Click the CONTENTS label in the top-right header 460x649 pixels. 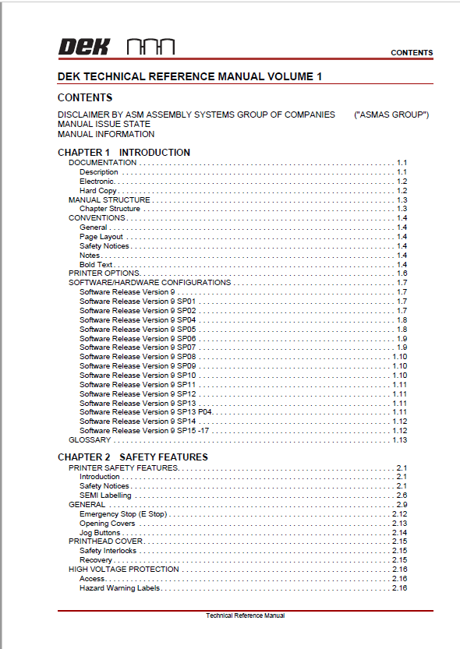411,53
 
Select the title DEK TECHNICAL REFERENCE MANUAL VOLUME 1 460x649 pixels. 189,76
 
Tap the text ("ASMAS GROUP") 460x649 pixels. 391,115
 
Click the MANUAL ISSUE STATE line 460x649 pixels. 104,124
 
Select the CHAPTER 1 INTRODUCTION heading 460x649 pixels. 124,152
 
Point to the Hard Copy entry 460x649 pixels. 98,191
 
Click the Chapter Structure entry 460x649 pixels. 110,209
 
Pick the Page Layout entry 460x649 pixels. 101,237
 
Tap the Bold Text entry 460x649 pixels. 96,265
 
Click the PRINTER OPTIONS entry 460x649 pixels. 104,273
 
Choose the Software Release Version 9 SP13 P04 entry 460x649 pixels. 146,412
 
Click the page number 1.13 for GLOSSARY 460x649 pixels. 400,440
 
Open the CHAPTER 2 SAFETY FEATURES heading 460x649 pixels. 133,457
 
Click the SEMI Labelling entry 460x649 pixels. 105,496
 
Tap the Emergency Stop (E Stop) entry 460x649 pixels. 123,514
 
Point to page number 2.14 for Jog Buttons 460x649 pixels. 400,532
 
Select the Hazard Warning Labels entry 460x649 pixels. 119,588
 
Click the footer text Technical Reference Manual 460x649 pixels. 245,615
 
